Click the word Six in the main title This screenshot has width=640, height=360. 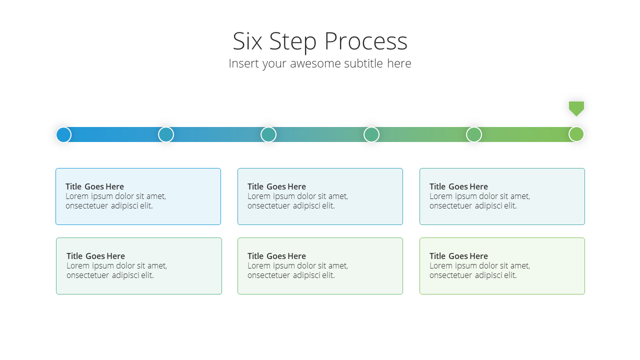[x=247, y=41]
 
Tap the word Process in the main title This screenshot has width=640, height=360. [x=366, y=41]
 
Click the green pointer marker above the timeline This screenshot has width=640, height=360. [x=576, y=109]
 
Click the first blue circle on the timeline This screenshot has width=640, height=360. [x=63, y=134]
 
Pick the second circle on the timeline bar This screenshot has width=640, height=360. [x=166, y=134]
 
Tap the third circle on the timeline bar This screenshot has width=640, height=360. [x=268, y=134]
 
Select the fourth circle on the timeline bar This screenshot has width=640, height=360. [x=371, y=134]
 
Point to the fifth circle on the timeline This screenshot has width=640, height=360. [x=474, y=134]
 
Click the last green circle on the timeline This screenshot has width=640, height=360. [x=576, y=134]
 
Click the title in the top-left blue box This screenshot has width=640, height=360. [x=94, y=186]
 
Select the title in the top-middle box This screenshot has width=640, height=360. [x=276, y=186]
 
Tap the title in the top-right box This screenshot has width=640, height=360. [x=458, y=186]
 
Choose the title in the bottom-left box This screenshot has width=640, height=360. [x=95, y=256]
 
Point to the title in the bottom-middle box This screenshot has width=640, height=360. [x=276, y=256]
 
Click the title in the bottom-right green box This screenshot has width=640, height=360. [x=458, y=256]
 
